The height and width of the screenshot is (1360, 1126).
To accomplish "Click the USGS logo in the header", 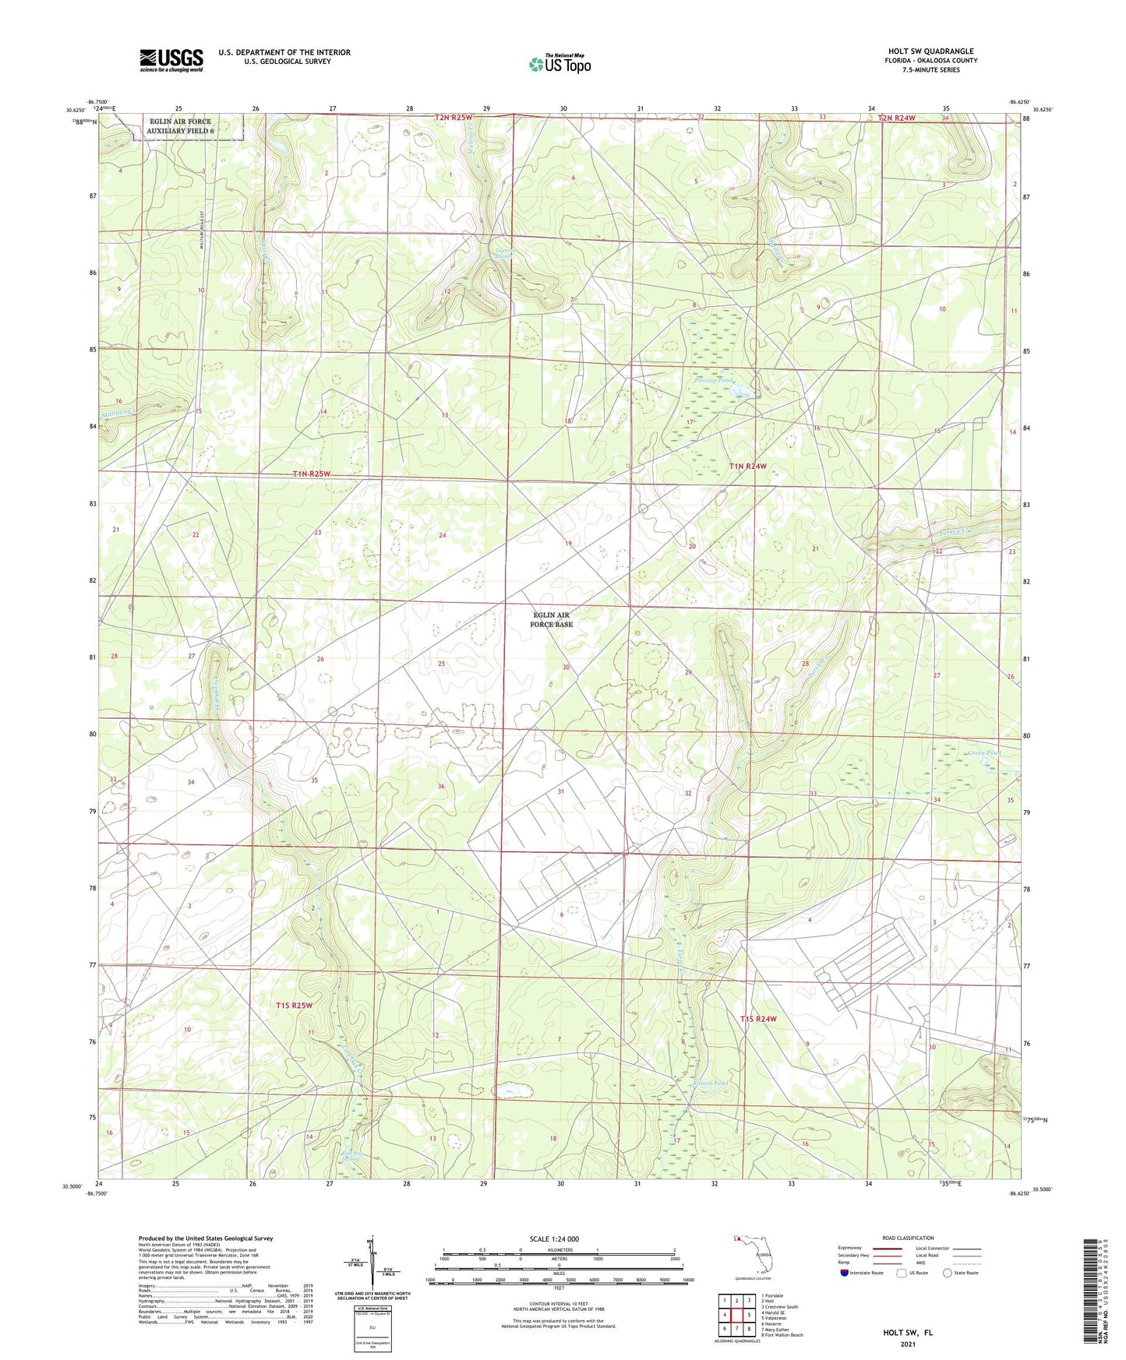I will [x=171, y=60].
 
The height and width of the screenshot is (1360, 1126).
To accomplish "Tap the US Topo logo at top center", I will [x=559, y=64].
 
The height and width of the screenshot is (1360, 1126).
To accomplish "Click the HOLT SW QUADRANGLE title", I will [x=930, y=51].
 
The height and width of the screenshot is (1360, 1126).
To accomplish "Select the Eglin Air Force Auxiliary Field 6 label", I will [x=180, y=126].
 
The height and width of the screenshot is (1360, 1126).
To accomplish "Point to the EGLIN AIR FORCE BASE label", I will [x=552, y=620].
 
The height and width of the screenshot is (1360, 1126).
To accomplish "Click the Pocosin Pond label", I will [x=713, y=380].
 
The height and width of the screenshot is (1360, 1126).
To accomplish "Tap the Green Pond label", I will [x=983, y=753].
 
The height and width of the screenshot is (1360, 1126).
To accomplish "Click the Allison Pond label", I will [x=709, y=1083].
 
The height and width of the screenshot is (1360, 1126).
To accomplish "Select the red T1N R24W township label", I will [x=747, y=467].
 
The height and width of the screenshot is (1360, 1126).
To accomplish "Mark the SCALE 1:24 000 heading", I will [x=554, y=1238].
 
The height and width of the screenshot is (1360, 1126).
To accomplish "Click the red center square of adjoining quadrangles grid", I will [x=736, y=1316].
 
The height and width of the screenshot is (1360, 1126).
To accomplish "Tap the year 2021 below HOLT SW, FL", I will [x=908, y=1344].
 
